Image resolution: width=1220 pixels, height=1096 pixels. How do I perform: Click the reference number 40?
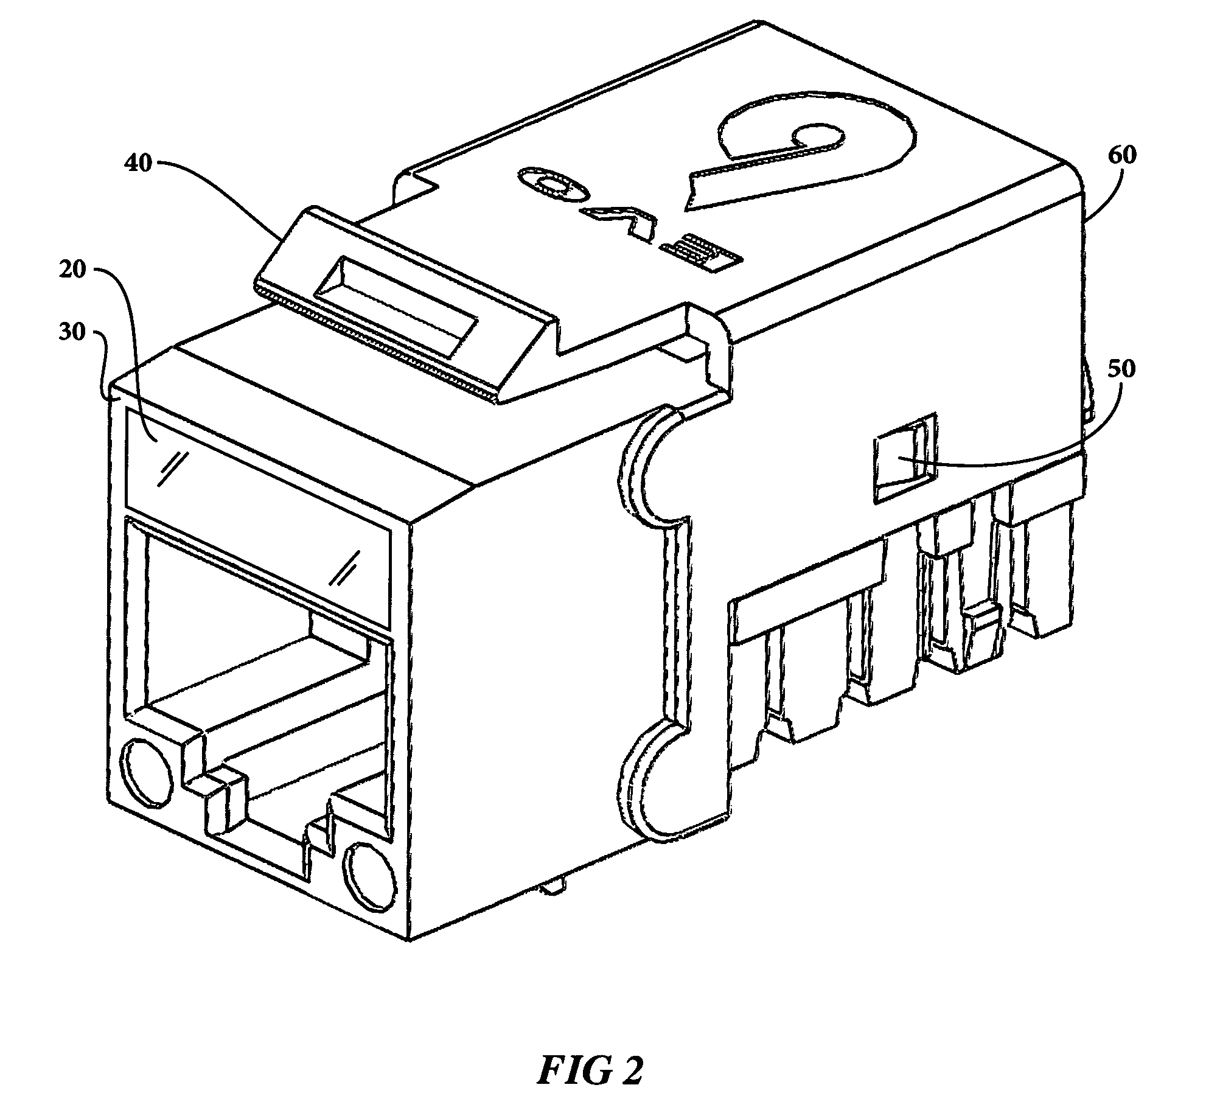[x=138, y=164]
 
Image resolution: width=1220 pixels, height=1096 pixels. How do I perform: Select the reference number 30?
[x=72, y=333]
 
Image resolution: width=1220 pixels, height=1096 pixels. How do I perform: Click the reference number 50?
[x=1121, y=369]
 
